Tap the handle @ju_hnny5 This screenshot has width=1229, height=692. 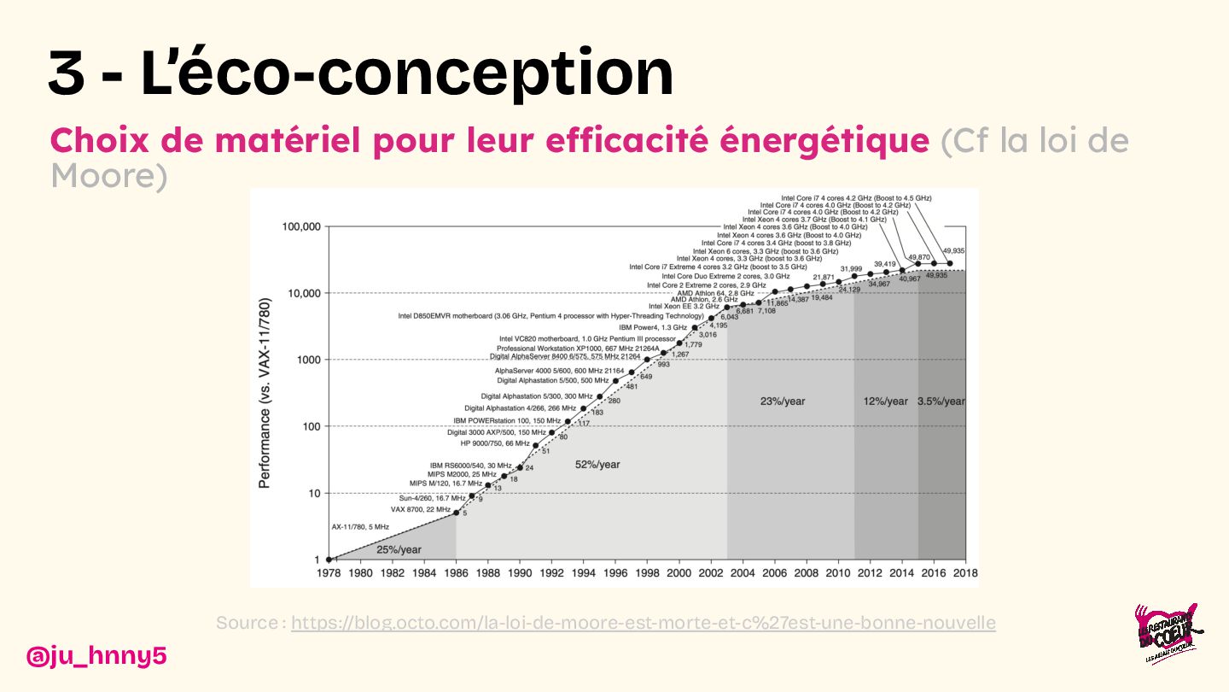(x=96, y=656)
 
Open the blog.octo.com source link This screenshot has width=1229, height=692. (x=643, y=623)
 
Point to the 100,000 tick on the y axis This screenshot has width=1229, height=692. (x=300, y=227)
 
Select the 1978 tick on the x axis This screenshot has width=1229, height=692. (x=329, y=573)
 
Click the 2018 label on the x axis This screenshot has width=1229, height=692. (x=965, y=573)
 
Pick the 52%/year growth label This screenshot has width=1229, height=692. (x=597, y=465)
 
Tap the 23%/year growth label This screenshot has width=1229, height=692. (x=783, y=401)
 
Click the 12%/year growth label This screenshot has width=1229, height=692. (x=885, y=401)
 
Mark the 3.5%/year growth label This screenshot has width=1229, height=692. (x=941, y=401)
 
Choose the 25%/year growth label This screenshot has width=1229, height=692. (x=399, y=549)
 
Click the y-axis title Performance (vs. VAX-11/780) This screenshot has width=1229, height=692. (x=265, y=393)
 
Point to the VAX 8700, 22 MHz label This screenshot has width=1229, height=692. (x=420, y=509)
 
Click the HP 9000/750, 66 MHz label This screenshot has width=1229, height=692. (x=495, y=443)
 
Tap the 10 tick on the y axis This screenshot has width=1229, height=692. (x=312, y=494)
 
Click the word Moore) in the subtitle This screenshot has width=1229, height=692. (x=108, y=176)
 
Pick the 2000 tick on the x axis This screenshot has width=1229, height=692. (x=679, y=573)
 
